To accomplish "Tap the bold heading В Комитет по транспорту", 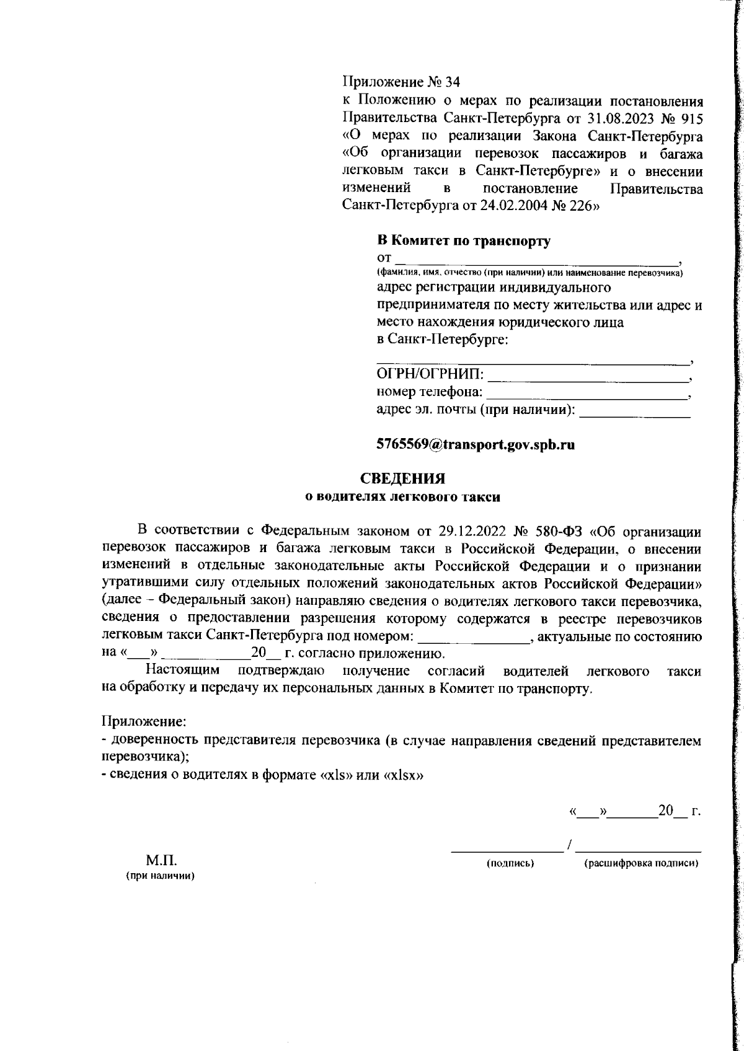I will [x=464, y=241].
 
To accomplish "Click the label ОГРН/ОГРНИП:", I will [x=431, y=375].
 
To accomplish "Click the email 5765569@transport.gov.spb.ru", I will [x=476, y=445].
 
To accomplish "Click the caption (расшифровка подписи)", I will [x=642, y=863].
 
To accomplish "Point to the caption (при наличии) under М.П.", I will [x=161, y=876].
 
